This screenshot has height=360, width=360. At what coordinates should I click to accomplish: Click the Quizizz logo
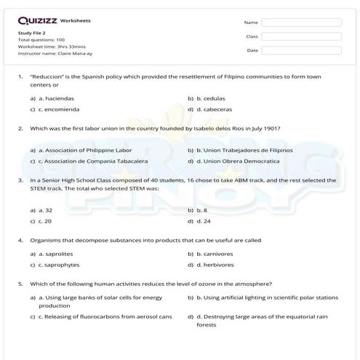point(36,20)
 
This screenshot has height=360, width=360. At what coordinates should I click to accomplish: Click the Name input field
point(301,23)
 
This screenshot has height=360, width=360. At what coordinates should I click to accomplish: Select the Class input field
point(301,36)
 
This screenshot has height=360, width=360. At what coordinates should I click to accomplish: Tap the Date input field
point(301,50)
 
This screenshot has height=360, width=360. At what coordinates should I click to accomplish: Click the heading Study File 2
point(32,33)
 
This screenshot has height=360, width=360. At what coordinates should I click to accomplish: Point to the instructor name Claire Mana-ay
point(73,53)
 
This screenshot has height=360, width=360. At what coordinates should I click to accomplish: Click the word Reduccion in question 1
point(48,76)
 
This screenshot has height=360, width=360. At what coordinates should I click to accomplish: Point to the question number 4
point(20,239)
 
